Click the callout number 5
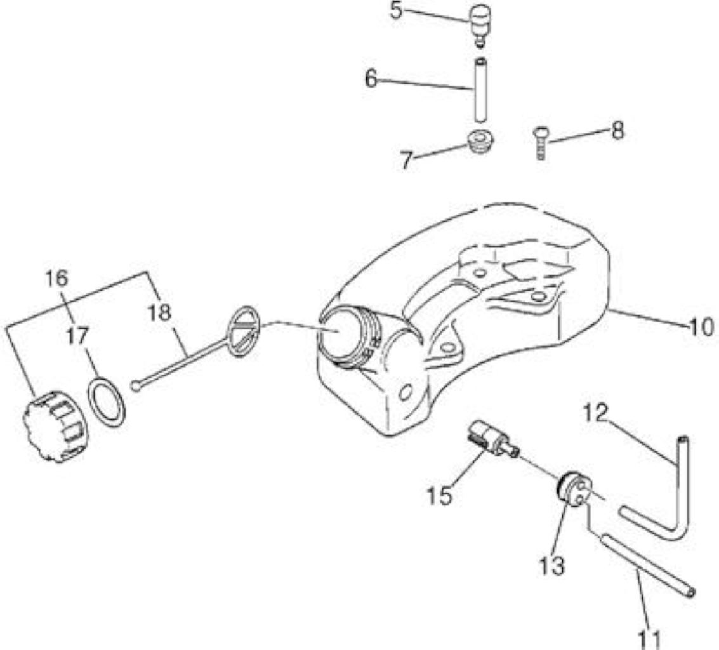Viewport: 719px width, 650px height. (396, 11)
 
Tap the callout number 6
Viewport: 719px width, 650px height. (371, 79)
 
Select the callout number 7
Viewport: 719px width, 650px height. (406, 161)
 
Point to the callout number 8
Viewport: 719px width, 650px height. (617, 131)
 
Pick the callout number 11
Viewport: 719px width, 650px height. (650, 639)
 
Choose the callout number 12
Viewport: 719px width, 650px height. (596, 413)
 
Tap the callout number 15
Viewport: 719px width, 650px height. (440, 495)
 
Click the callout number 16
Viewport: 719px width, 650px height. (56, 278)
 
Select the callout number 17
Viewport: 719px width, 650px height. (77, 337)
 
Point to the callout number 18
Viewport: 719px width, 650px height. (159, 313)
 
